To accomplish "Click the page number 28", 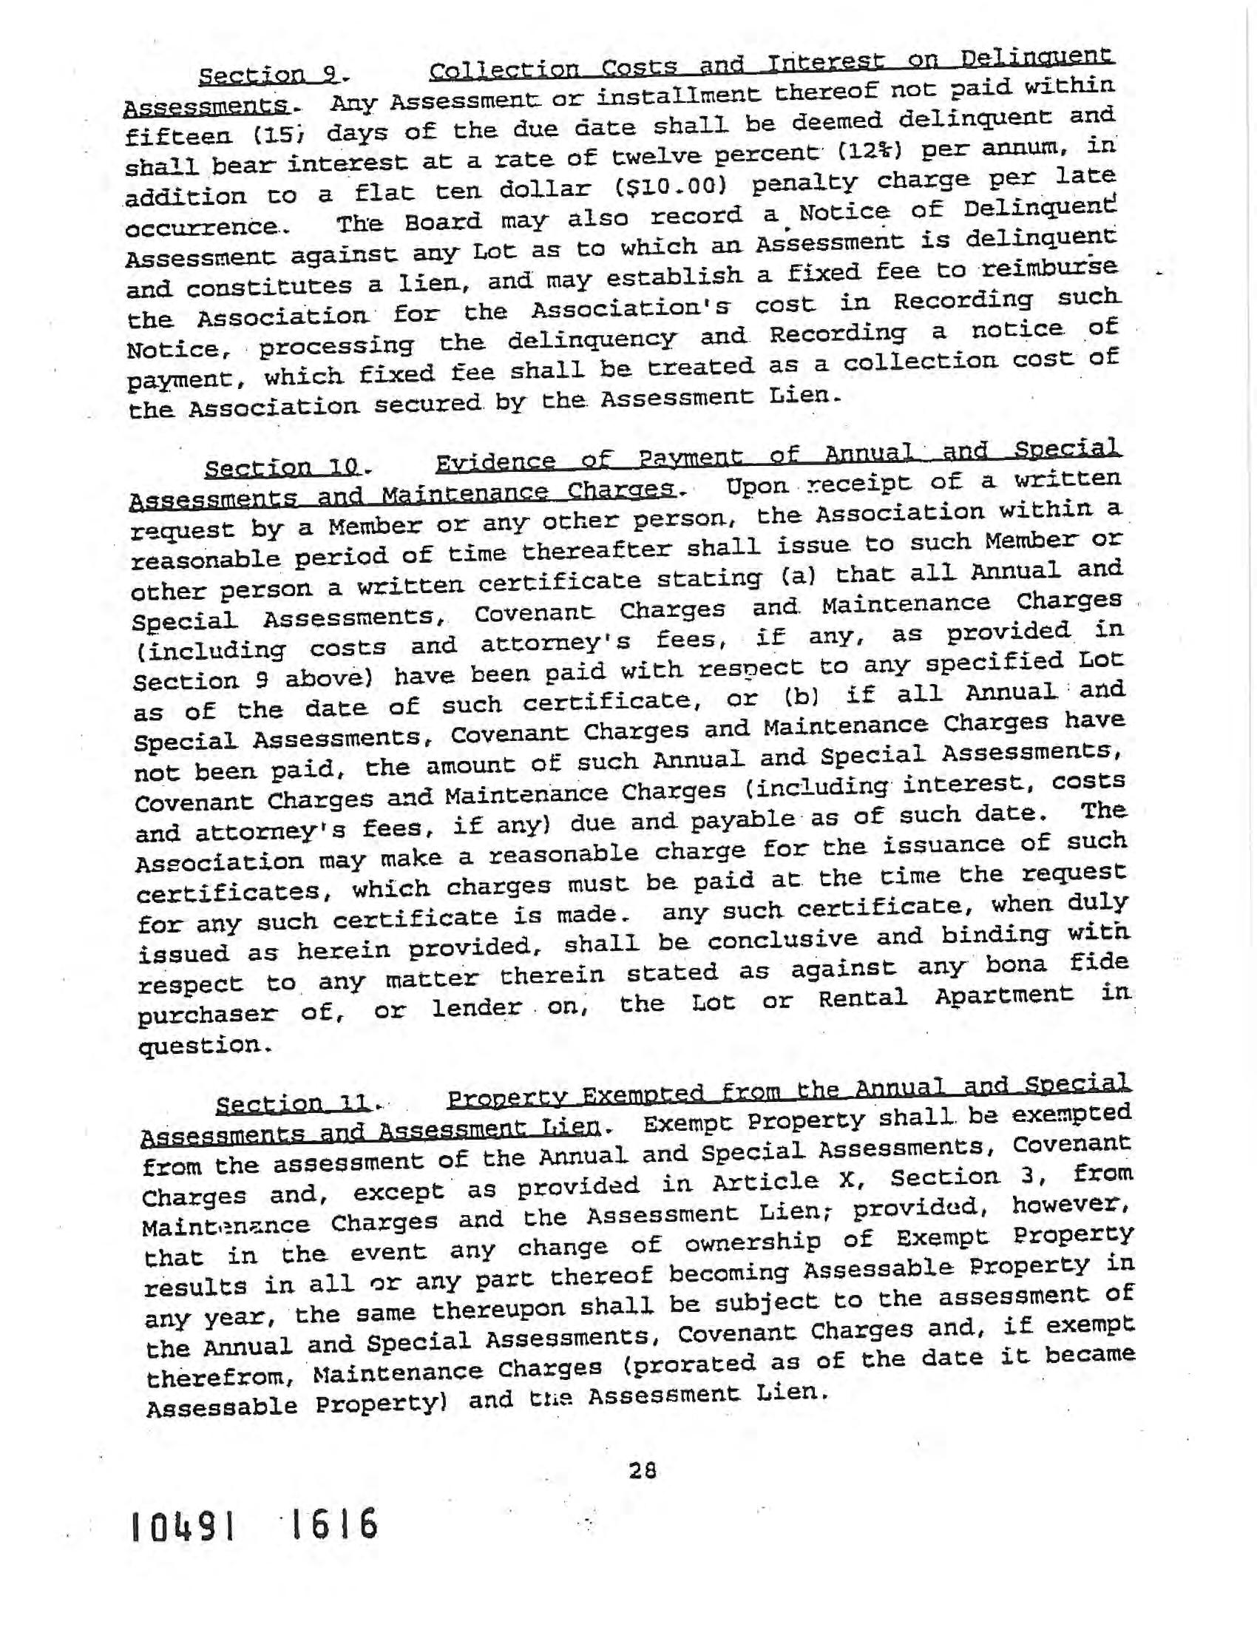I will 642,1470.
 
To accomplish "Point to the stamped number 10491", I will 184,1526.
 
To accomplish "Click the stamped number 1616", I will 333,1524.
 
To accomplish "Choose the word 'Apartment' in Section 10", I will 1005,995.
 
